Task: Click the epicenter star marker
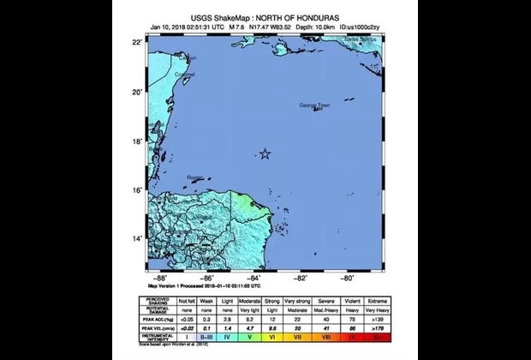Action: [265, 154]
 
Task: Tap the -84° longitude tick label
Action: [254, 279]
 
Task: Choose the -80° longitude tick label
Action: [349, 279]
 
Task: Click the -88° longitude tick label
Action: [160, 279]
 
